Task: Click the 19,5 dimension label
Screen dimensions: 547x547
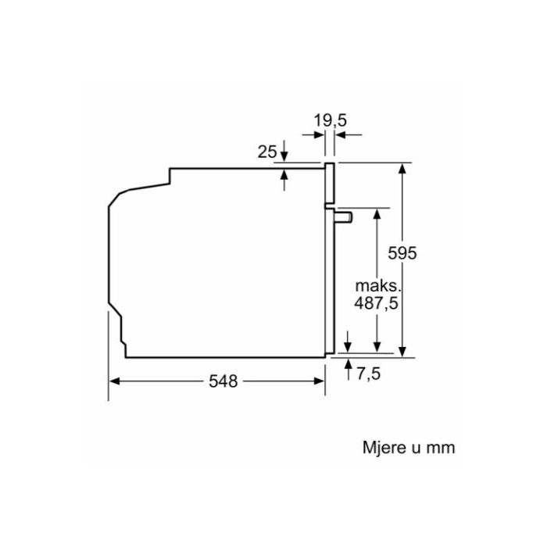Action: (330, 120)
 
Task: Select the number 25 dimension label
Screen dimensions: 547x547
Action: (267, 152)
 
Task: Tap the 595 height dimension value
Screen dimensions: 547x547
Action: (402, 253)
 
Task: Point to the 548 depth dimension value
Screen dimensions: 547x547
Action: (223, 381)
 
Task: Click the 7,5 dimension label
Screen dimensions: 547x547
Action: (368, 374)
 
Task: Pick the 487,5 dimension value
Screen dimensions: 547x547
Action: (376, 303)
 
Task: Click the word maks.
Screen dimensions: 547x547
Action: (377, 286)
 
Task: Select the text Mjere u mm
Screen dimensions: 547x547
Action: (409, 448)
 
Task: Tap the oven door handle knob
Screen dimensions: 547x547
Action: (344, 217)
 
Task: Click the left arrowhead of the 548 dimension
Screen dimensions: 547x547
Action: (114, 381)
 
